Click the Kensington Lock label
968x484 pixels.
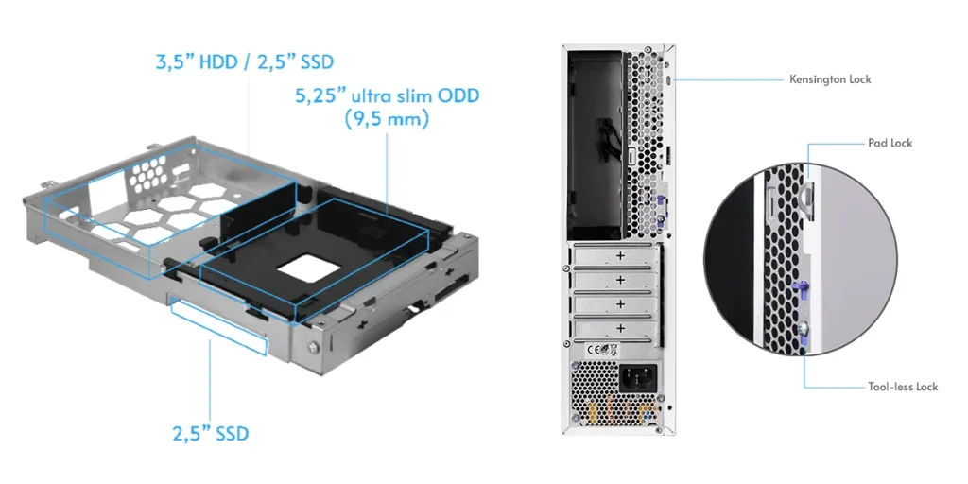[x=830, y=79]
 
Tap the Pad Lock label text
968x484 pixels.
[x=890, y=143]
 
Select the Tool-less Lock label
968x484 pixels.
[x=903, y=387]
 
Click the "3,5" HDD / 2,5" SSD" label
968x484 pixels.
[x=245, y=61]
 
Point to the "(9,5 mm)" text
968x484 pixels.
[x=387, y=118]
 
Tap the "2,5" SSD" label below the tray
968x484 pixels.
[x=211, y=433]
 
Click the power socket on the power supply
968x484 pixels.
[x=638, y=375]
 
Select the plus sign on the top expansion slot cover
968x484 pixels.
[x=620, y=255]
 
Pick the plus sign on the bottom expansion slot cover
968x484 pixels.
[x=620, y=328]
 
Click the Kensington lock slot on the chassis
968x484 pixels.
[x=671, y=80]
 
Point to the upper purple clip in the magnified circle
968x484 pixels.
[x=801, y=289]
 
